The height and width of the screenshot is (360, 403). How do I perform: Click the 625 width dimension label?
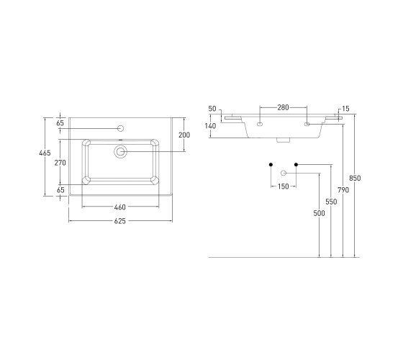(119, 221)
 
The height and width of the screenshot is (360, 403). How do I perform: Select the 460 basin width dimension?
(119, 207)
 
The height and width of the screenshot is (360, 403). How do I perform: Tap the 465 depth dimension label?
(45, 153)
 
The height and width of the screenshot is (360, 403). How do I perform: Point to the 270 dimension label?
(60, 163)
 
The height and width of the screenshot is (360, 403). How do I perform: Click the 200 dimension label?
(184, 135)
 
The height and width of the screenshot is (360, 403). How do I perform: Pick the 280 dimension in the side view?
(283, 107)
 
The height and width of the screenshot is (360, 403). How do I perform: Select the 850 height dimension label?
(355, 178)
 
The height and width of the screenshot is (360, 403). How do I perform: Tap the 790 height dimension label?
(343, 190)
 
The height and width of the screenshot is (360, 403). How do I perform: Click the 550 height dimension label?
(331, 202)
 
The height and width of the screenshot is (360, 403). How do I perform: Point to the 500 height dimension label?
(319, 213)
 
